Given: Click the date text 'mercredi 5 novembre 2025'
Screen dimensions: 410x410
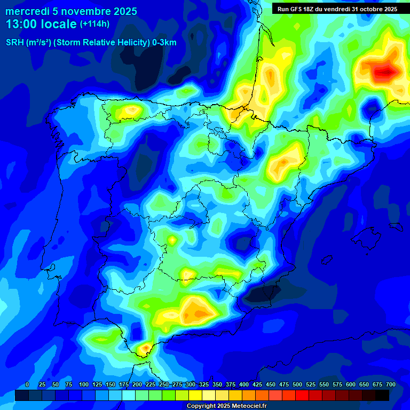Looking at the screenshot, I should point(71,11).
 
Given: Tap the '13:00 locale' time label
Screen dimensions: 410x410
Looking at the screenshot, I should point(41,24).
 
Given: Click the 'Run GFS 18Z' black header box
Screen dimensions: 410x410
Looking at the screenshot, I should point(335,9).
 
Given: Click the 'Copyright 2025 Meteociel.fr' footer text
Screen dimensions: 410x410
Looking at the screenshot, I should point(226,406).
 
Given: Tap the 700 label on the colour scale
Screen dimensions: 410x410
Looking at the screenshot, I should point(390,384).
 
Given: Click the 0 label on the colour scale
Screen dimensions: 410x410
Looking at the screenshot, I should point(27,384).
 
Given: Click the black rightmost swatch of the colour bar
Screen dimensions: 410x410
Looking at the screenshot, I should point(382,395).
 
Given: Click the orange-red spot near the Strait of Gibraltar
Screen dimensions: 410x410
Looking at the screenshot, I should point(145,349).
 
